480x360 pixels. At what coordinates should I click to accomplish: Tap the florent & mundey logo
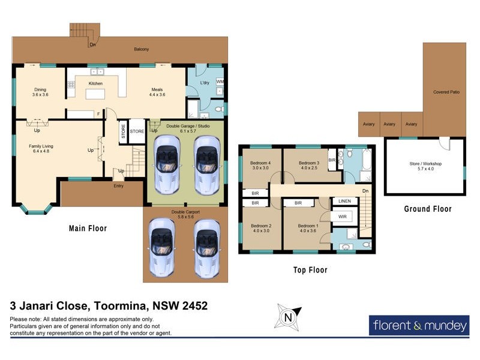click(x=418, y=326)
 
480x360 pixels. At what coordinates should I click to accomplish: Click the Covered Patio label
click(x=446, y=92)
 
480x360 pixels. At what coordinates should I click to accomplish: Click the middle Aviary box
click(x=390, y=124)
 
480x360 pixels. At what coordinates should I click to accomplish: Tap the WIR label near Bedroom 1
click(x=343, y=217)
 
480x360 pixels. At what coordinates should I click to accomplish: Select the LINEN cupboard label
click(x=344, y=201)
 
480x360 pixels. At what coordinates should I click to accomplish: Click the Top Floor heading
click(x=310, y=270)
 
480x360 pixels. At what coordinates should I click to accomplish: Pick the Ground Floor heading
click(x=427, y=209)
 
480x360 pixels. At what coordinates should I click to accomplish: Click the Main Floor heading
click(x=88, y=228)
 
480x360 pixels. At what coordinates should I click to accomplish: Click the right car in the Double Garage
click(x=206, y=162)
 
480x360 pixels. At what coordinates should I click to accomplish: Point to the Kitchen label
click(x=95, y=83)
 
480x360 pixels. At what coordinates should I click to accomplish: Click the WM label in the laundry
click(x=220, y=81)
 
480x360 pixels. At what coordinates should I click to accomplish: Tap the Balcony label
click(x=142, y=49)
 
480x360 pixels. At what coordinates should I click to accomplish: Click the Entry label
click(x=118, y=186)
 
